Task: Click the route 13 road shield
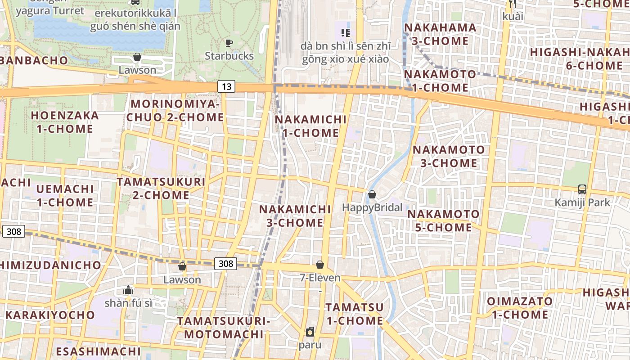[226, 86]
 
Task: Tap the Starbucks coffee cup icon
[229, 43]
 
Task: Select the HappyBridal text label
[372, 207]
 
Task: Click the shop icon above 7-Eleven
[320, 264]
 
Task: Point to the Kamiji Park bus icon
[582, 189]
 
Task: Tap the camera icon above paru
[310, 332]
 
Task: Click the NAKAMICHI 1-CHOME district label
[310, 126]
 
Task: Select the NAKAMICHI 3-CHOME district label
[295, 216]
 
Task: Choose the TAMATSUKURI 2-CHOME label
[161, 189]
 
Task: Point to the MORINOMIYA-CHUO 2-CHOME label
[175, 111]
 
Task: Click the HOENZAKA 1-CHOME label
[64, 122]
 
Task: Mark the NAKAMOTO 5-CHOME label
[443, 220]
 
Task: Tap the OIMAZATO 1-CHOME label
[520, 307]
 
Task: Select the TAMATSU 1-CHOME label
[355, 314]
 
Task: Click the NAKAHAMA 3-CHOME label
[440, 34]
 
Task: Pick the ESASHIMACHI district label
[99, 351]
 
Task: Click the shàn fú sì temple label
[128, 303]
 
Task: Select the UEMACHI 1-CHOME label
[65, 195]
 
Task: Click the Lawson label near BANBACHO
[137, 70]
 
